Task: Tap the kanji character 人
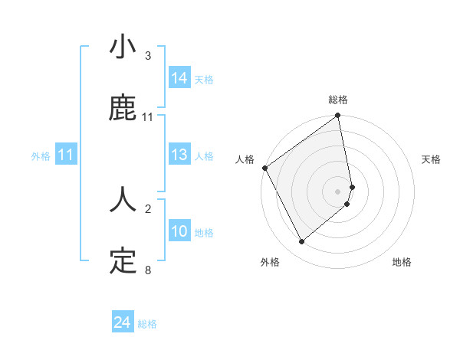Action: tap(123, 200)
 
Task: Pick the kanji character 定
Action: tap(123, 262)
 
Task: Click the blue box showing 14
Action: tap(179, 78)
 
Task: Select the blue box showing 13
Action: tap(179, 155)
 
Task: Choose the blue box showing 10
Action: tap(179, 231)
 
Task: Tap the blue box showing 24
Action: tap(123, 322)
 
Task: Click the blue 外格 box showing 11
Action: tap(66, 155)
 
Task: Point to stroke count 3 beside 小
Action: tap(148, 56)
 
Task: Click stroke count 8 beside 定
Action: tap(148, 270)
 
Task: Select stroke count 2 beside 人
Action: tap(148, 208)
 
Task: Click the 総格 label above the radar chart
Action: tap(338, 100)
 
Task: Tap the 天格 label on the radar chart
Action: tap(431, 159)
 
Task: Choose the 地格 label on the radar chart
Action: tap(402, 262)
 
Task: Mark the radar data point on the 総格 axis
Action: tap(338, 116)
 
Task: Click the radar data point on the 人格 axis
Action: tap(265, 168)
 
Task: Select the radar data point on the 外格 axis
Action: tap(301, 242)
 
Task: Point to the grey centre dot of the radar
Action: tap(338, 190)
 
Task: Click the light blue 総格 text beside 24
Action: tap(147, 324)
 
